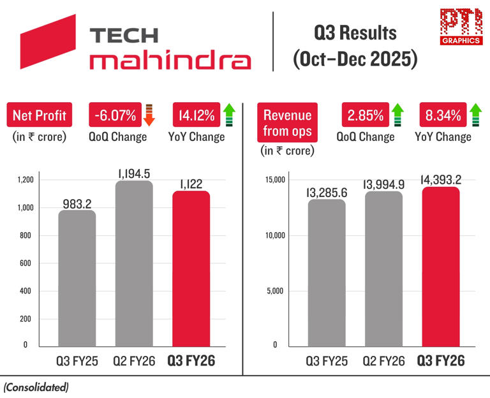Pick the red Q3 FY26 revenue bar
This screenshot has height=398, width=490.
click(440, 268)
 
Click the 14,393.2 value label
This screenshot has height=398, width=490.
click(440, 179)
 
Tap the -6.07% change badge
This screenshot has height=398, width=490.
click(112, 115)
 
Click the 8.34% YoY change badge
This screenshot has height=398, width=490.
click(440, 115)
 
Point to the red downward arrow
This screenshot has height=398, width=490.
click(149, 115)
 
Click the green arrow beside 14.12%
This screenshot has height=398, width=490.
click(229, 115)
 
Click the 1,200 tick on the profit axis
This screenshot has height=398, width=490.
click(25, 181)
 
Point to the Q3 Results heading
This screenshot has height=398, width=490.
click(355, 33)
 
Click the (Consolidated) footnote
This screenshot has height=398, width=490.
click(36, 387)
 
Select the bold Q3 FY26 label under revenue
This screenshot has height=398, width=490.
click(440, 361)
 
